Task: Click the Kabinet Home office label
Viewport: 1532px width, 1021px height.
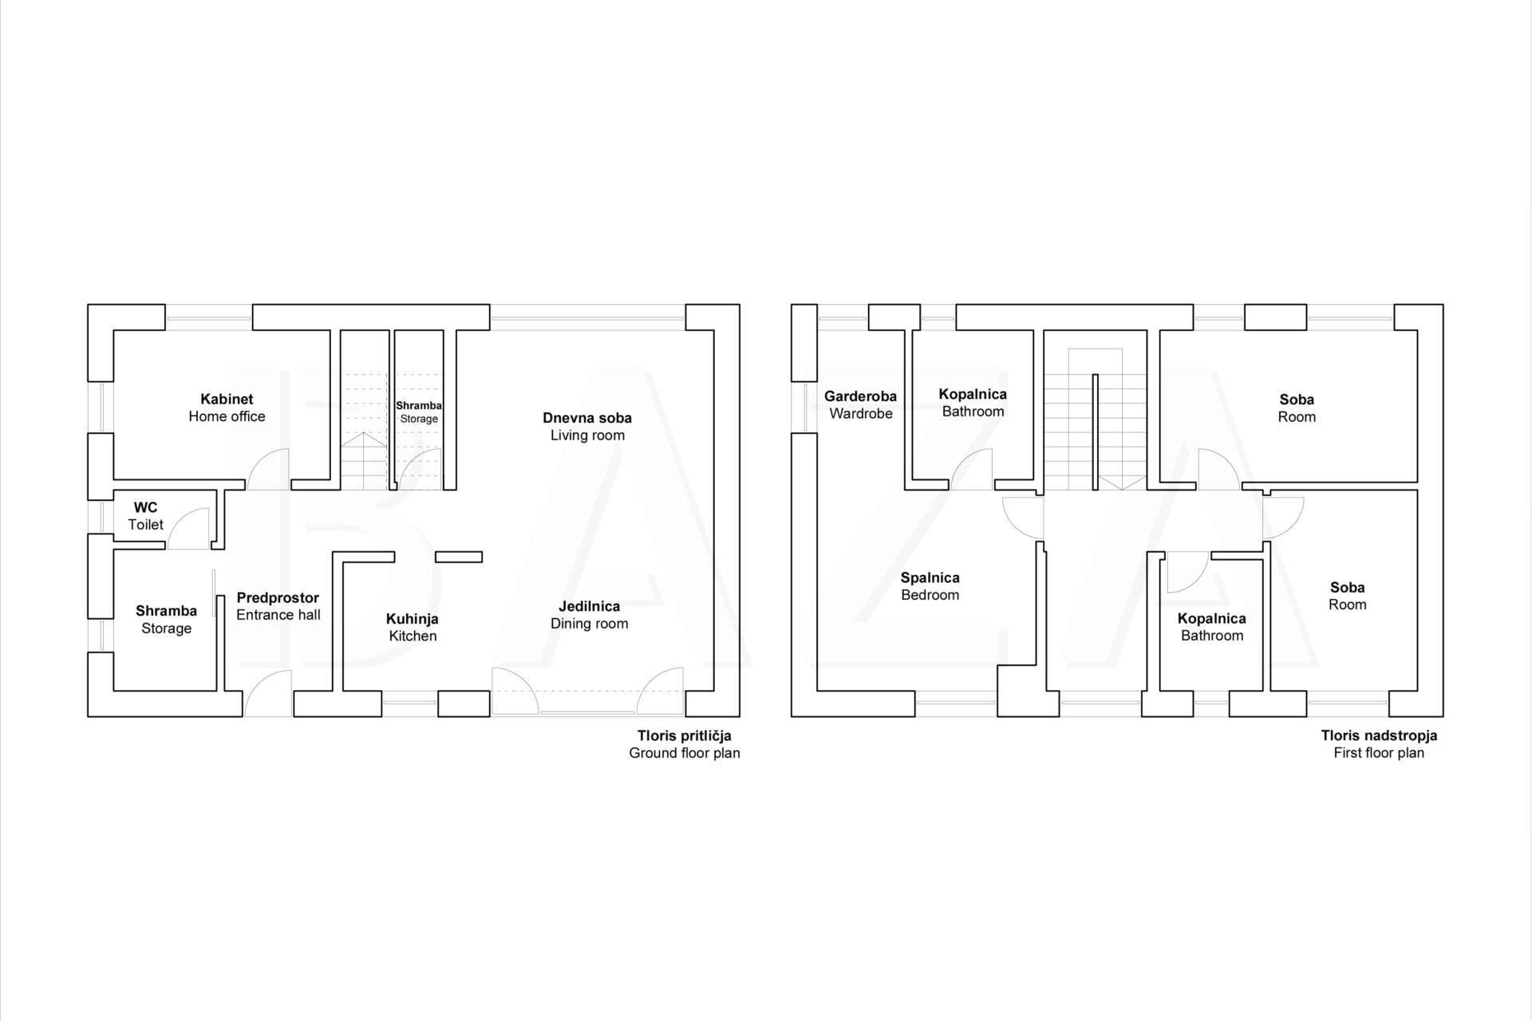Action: coord(227,408)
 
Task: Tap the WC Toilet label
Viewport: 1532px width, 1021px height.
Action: coord(145,516)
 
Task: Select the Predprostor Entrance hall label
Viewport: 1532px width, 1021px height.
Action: coord(278,606)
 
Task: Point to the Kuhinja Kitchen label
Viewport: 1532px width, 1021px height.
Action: coord(413,627)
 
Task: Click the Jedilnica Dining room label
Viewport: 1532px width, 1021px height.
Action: coord(589,615)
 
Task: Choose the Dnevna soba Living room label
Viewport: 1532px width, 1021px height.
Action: coord(587,427)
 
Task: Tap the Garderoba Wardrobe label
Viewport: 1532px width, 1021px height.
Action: coord(860,404)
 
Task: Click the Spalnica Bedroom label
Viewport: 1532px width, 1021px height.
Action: coord(930,586)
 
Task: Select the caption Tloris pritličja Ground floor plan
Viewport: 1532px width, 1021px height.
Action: coord(684,744)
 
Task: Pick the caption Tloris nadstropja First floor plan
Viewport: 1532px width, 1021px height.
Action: coord(1379,744)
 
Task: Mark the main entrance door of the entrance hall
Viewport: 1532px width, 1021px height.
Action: coord(267,693)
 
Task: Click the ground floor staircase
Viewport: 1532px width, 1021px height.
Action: coord(364,431)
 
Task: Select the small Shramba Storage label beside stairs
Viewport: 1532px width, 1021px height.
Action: coord(419,412)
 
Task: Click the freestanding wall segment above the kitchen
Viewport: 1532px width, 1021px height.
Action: coord(459,557)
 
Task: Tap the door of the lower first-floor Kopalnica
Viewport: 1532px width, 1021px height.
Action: coord(1185,573)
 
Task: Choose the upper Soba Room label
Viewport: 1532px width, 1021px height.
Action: coord(1297,408)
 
